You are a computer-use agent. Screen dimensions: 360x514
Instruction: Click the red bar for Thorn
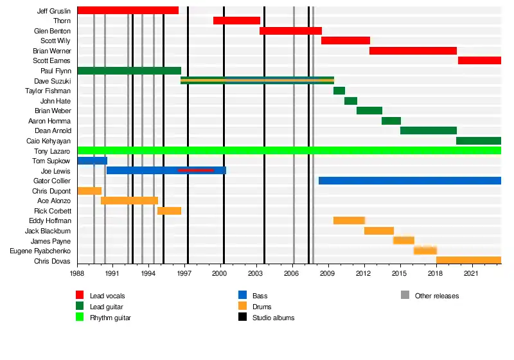click(236, 21)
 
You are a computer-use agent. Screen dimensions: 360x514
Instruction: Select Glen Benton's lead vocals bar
click(290, 31)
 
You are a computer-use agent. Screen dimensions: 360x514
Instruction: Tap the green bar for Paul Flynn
click(128, 71)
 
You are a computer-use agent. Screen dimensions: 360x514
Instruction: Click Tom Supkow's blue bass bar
click(92, 161)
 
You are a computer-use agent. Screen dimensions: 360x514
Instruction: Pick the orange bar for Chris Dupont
click(89, 191)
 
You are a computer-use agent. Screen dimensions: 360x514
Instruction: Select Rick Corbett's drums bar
click(169, 211)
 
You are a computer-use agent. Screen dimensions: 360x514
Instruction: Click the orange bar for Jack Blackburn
click(379, 231)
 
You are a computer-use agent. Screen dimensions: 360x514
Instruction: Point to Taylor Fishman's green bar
click(339, 91)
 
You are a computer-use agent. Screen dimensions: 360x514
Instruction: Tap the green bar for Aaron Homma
click(391, 121)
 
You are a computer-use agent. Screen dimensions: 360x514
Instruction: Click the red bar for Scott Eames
click(479, 60)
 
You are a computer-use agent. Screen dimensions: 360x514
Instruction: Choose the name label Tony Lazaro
click(53, 150)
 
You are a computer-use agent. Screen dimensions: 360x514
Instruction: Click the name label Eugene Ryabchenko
click(40, 251)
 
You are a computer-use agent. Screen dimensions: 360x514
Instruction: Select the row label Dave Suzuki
click(53, 81)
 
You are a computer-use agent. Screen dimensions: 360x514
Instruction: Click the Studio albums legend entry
click(273, 318)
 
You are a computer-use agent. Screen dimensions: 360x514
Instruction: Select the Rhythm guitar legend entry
click(111, 318)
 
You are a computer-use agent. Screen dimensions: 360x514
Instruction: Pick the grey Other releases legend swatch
click(405, 296)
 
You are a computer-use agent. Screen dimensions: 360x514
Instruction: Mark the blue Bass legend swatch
click(242, 296)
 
